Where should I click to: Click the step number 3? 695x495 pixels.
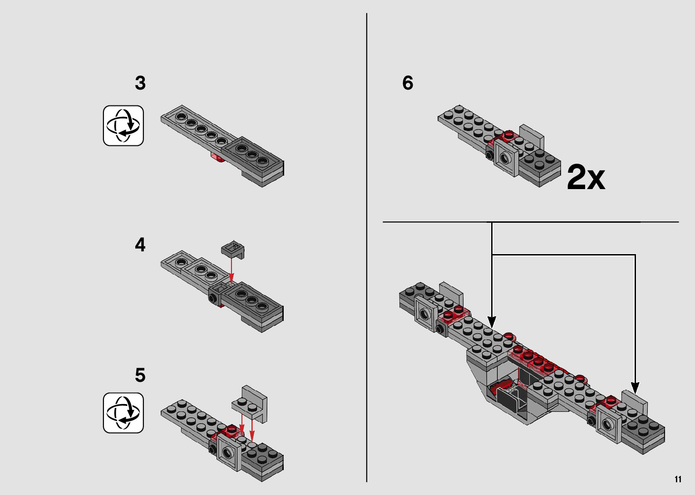coord(140,83)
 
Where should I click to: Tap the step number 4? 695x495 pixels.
coord(140,245)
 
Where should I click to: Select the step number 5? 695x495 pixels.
coord(140,375)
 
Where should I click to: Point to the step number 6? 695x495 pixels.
coord(408,83)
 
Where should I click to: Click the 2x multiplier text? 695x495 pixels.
coord(586,178)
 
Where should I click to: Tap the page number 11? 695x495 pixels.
coord(678,480)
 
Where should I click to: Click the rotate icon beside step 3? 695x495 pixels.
coord(123,126)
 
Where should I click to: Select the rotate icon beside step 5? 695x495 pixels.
coord(123,413)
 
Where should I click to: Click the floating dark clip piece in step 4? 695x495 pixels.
coord(233,250)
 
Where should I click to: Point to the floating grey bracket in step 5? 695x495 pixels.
coord(251,403)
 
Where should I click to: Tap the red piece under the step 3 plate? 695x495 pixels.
coord(217,157)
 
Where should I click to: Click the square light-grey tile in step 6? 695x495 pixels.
coord(506,157)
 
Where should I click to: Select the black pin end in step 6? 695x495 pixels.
coord(489,155)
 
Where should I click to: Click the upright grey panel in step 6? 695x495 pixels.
coord(532,135)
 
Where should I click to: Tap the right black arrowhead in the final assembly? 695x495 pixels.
coord(635,388)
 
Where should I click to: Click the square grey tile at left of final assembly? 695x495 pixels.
coord(426,314)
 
